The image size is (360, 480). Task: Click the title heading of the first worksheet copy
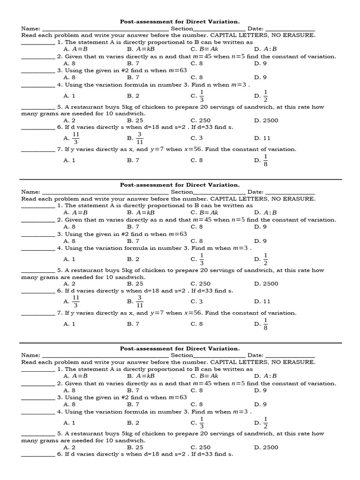180,22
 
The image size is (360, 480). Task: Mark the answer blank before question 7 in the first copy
38,150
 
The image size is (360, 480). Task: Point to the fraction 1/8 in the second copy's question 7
266,324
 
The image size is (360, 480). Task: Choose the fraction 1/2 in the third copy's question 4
266,423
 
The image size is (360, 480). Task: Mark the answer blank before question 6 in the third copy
38,455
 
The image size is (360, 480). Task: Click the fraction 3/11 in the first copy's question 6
140,138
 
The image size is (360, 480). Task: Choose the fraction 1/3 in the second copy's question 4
202,259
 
